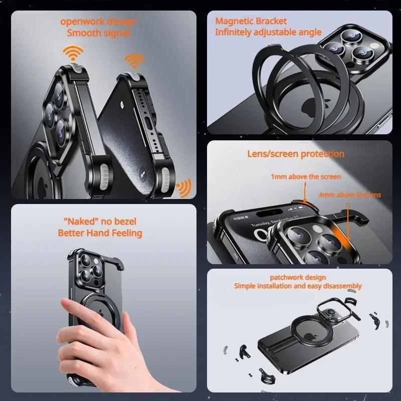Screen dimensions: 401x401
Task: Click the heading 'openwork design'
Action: click(x=98, y=22)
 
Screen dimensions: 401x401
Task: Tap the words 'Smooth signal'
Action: click(x=98, y=33)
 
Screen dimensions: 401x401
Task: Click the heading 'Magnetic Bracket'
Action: click(x=251, y=21)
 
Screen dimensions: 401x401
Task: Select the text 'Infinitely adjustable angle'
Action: click(x=268, y=32)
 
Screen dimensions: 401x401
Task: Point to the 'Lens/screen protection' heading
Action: click(x=296, y=154)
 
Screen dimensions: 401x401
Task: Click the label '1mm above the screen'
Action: click(x=306, y=177)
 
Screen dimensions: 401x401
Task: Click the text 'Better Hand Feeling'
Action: click(x=100, y=233)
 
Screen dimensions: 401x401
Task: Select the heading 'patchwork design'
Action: click(x=298, y=277)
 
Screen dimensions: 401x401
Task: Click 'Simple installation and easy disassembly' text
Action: click(x=298, y=286)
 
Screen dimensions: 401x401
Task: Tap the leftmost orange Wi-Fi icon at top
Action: click(x=73, y=52)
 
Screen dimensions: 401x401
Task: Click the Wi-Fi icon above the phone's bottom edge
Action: click(x=133, y=60)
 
